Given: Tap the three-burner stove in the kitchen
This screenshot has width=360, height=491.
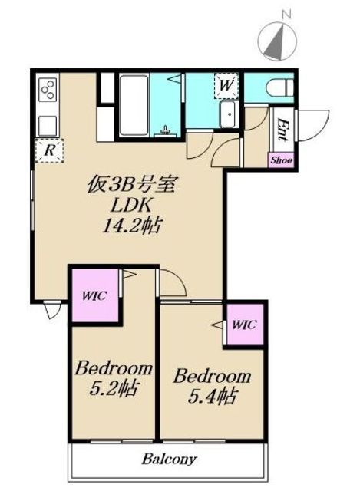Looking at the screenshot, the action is [x=48, y=89].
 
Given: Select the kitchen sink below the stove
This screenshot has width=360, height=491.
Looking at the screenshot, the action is [x=48, y=126].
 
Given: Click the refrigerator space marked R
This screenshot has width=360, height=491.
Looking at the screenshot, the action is [x=49, y=150].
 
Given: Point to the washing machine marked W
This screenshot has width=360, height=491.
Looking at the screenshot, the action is [x=226, y=85].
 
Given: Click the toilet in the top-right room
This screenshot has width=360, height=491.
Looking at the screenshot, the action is [x=279, y=87].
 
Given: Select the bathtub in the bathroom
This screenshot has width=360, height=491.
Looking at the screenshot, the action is [x=134, y=105].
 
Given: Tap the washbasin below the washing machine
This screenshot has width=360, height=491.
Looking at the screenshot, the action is [x=230, y=114].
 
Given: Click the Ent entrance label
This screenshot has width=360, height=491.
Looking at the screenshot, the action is [x=282, y=129].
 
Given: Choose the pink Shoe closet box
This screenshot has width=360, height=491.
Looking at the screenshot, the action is [x=281, y=160].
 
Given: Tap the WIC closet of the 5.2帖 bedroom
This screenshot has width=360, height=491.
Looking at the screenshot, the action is [x=95, y=295].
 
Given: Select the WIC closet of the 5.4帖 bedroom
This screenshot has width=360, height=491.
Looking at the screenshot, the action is [x=245, y=325].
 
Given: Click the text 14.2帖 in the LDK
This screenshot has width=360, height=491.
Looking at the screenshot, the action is [x=132, y=225].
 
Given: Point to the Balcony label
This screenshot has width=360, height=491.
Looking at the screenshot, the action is [x=169, y=460].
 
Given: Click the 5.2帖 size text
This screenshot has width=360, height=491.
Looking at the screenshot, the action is [x=114, y=388].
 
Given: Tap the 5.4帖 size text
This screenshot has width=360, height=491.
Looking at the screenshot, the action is [x=212, y=396].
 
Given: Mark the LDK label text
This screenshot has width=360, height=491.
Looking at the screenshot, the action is [x=132, y=205].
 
